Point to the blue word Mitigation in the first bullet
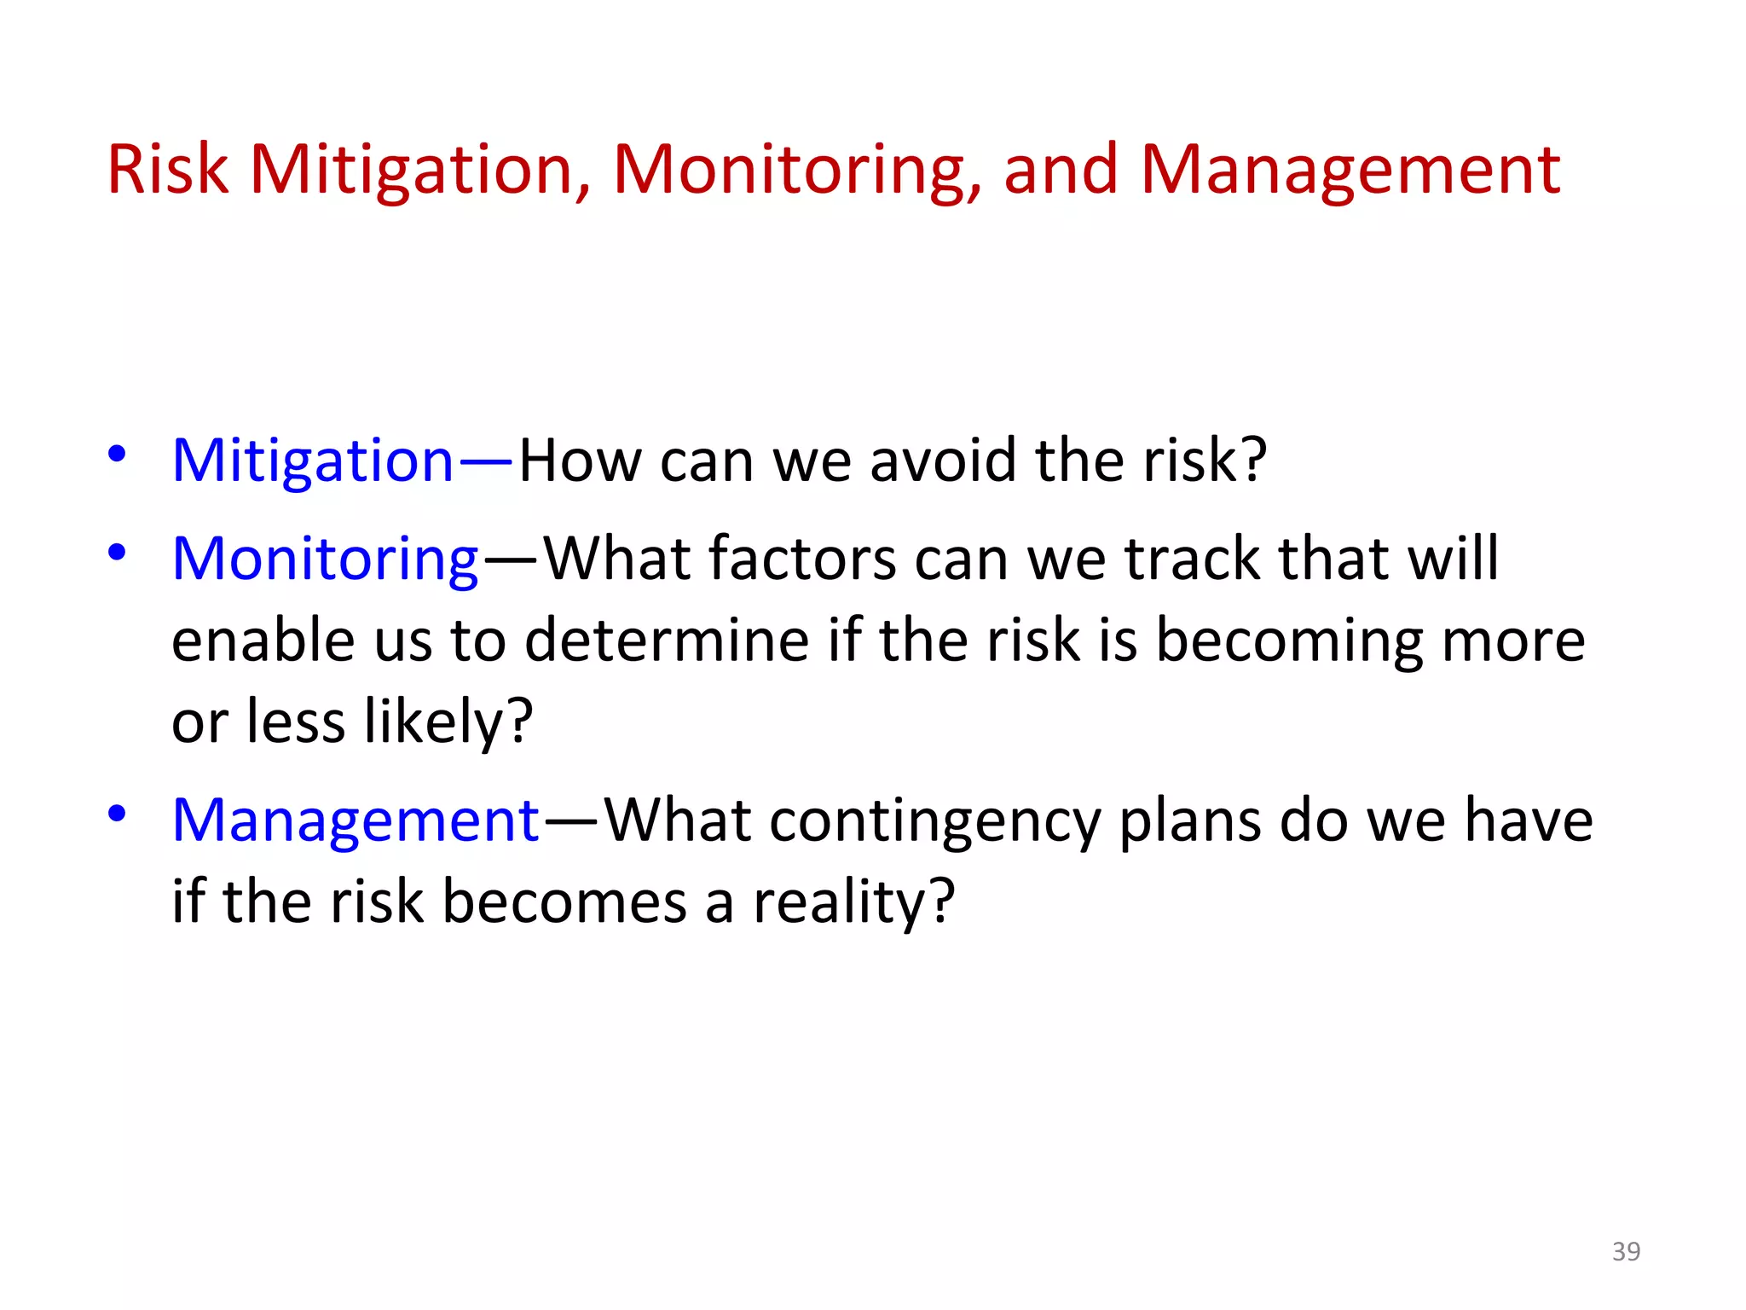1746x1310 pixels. coord(313,461)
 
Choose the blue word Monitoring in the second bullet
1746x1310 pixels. coord(325,559)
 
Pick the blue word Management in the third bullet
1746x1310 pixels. coord(356,820)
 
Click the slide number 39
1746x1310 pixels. coord(1626,1251)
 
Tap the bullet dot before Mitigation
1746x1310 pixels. coord(117,454)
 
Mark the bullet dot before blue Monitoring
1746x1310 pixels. coord(117,553)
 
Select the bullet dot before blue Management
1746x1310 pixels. coord(117,814)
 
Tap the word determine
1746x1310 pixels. coord(667,641)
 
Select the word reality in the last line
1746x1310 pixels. coord(841,902)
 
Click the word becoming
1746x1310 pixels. coord(1289,641)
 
